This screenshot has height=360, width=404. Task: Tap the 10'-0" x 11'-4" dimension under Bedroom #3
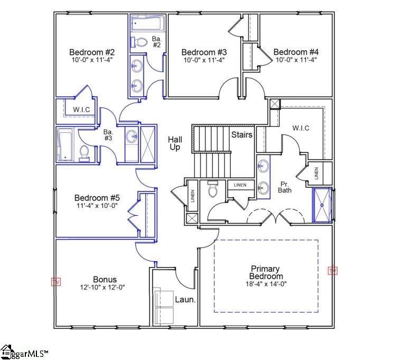[204, 60]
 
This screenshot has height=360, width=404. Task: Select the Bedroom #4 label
[296, 52]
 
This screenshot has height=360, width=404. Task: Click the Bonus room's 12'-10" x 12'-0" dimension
[105, 288]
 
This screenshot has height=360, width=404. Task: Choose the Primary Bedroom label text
[266, 272]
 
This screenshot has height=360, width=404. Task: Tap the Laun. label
[185, 300]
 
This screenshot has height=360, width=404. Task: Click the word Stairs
[241, 135]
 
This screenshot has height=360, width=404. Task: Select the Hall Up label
[175, 143]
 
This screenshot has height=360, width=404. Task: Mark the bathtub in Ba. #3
[65, 144]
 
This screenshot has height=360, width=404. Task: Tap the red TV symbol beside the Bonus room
[56, 282]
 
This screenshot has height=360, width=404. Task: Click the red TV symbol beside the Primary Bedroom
[332, 271]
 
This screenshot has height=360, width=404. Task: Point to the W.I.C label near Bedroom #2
[81, 109]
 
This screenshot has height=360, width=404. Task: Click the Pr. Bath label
[285, 187]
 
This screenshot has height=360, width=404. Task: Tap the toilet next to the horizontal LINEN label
[213, 189]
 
